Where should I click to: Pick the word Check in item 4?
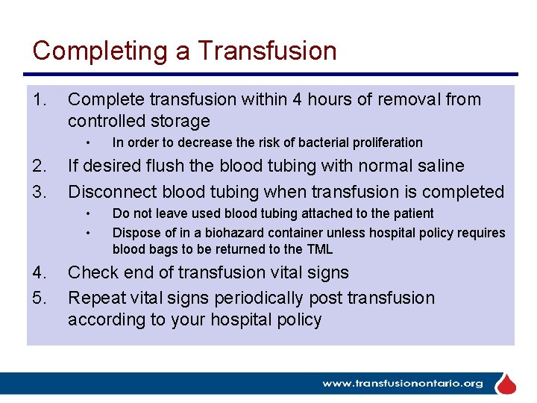[92, 272]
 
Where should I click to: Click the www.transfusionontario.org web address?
[402, 384]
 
